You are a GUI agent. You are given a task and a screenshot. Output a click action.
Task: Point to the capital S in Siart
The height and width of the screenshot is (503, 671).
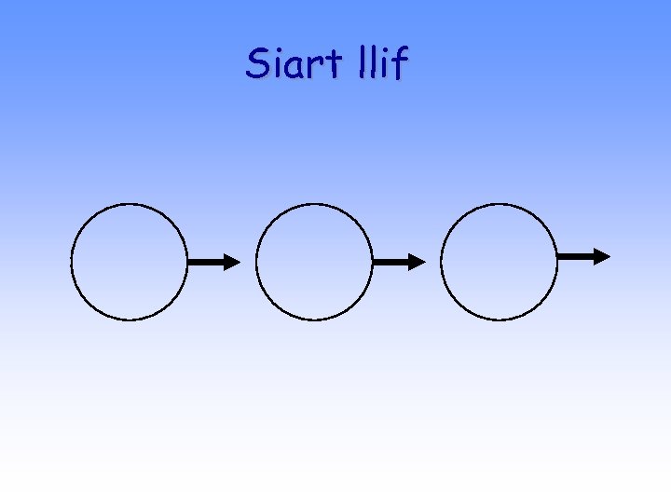[x=257, y=63]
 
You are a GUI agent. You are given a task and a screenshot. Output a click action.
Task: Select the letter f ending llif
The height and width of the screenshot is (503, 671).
[x=401, y=63]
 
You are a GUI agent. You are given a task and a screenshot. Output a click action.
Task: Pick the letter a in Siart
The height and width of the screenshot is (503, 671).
[x=293, y=68]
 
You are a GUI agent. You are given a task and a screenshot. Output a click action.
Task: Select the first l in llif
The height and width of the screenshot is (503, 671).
[x=361, y=62]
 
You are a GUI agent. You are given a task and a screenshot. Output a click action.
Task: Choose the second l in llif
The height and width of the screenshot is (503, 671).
[x=372, y=62]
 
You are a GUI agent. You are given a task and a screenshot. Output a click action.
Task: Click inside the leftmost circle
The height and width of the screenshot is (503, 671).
[x=129, y=262]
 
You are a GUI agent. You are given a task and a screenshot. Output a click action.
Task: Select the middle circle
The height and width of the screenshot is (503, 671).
[x=313, y=262]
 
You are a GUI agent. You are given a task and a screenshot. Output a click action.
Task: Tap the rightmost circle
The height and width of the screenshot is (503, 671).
[x=499, y=262]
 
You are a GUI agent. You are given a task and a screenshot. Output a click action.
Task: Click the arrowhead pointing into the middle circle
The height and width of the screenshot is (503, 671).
[x=232, y=263]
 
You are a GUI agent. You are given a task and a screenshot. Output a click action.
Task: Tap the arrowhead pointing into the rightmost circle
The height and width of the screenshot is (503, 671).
[x=418, y=263]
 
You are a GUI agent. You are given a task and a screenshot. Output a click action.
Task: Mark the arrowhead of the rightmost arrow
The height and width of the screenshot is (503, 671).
[x=602, y=256]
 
